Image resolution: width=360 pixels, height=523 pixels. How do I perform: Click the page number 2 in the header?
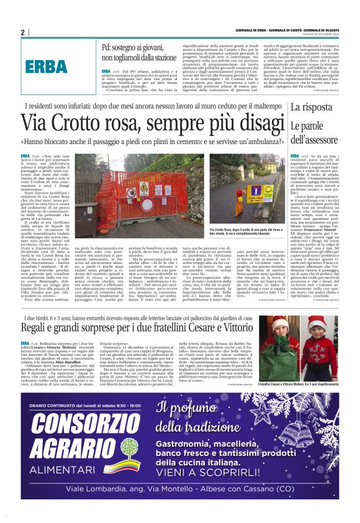click(22, 32)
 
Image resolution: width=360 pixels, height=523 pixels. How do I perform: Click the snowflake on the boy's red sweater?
click(321, 360)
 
